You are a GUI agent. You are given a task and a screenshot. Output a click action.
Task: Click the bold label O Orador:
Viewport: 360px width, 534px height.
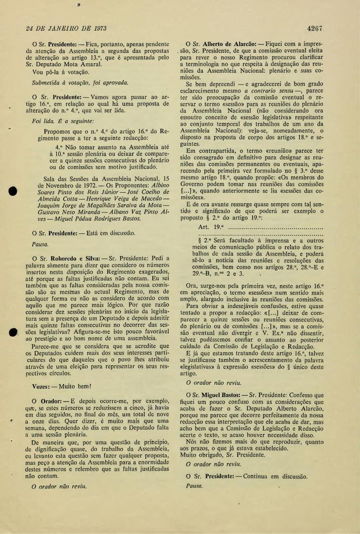point(47,400)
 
